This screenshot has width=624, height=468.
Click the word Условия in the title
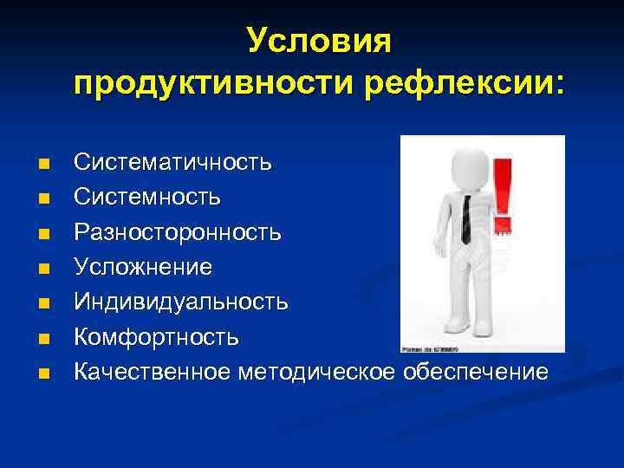coord(319,41)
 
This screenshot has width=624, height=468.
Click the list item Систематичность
coord(172,162)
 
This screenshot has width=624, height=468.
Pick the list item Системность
coord(146,197)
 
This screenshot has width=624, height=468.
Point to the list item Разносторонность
coord(177,232)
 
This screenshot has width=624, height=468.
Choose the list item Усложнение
coord(142,267)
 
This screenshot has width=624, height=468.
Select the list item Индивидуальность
coord(181,302)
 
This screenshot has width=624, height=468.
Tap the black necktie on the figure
coord(466,217)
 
